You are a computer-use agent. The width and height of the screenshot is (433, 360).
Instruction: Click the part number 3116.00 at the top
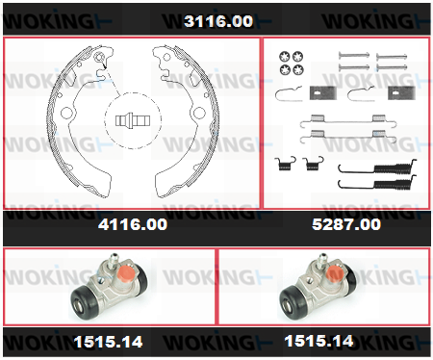point(218,21)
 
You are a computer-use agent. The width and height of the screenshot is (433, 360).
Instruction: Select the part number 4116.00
point(133,224)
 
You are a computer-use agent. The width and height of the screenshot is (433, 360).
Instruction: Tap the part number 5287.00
point(346,224)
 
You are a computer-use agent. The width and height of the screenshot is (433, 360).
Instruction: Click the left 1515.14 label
point(108,342)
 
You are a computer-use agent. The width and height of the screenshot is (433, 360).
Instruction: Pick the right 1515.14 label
point(318,341)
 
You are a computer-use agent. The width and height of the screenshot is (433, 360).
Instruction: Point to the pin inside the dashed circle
point(133,120)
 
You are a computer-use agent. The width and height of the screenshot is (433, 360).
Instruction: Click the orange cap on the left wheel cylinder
point(125,272)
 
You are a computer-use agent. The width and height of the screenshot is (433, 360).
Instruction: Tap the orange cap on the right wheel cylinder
point(334,273)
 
